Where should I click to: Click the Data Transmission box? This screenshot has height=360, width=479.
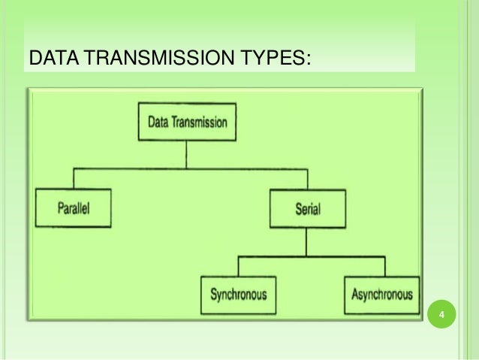pos(186,122)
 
